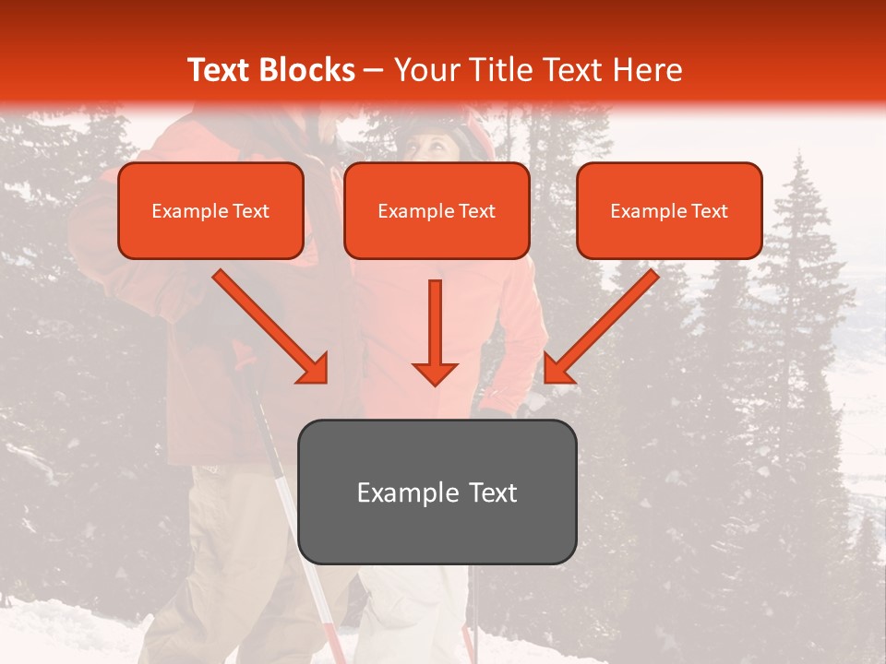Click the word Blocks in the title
(308, 70)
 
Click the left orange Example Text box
(210, 210)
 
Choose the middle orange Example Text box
(437, 210)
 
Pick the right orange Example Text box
(669, 210)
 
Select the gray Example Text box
(437, 492)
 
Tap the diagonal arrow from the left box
(269, 325)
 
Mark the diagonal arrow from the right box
(603, 325)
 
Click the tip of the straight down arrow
(435, 382)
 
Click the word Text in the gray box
(494, 492)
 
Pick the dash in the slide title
(374, 71)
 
